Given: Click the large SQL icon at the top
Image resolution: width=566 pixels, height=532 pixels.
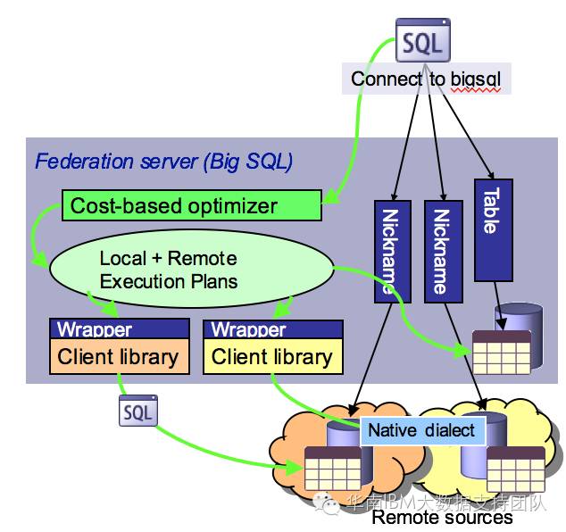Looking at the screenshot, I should point(422,41).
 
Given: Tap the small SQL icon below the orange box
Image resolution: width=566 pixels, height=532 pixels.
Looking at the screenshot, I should point(137,411).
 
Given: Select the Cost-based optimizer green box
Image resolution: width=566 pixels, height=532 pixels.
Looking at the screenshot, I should point(192,206).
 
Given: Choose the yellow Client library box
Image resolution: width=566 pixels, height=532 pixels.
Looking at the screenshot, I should point(272,357).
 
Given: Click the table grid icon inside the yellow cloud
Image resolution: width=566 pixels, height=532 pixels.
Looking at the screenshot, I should point(516,467).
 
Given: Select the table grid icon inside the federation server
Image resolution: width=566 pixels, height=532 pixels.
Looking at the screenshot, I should point(501,352).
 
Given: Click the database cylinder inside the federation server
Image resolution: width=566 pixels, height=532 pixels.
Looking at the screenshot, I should point(520,320).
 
